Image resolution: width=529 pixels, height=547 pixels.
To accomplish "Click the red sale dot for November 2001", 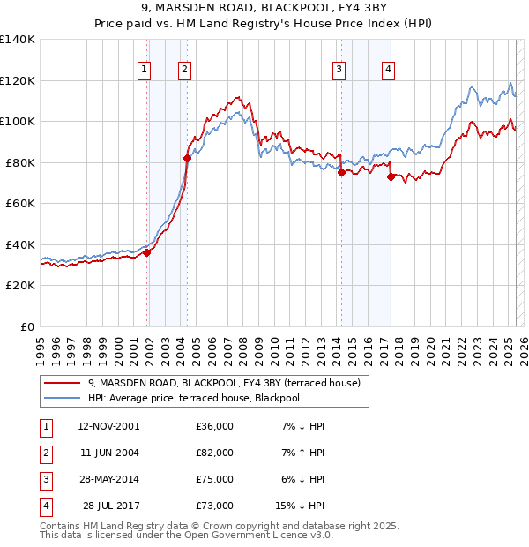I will point(147,253).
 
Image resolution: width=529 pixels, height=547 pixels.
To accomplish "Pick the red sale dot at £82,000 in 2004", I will point(187,159).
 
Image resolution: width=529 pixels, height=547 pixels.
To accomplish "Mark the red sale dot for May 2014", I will point(341,173).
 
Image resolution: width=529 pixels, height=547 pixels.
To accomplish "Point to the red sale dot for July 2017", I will point(391,176).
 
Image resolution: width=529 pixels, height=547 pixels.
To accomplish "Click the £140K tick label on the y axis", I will point(18,40).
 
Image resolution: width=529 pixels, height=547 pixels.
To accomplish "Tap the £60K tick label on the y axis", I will point(20,203).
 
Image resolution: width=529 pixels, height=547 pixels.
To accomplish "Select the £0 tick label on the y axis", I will point(26,326).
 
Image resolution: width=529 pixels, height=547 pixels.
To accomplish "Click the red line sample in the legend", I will point(62,384).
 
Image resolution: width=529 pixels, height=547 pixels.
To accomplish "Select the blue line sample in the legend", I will point(62,399).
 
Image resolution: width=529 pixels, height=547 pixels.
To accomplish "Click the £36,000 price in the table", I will point(215,426).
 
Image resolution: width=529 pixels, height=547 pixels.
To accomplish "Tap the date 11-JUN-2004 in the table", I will point(108,453).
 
